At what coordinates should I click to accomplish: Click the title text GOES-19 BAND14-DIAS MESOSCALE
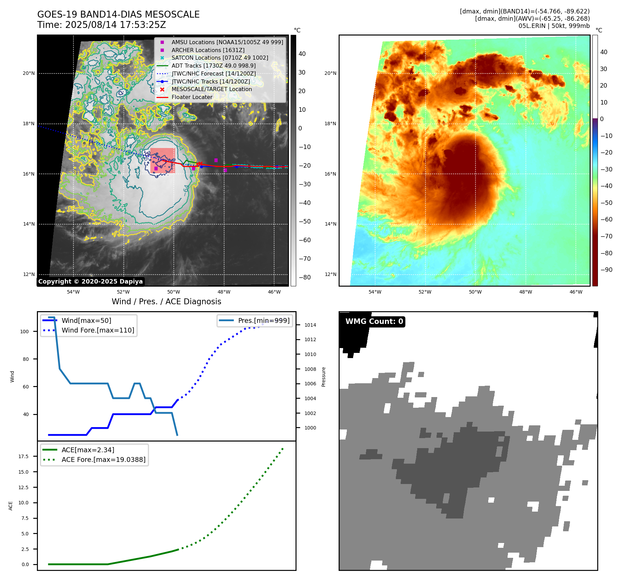pos(118,14)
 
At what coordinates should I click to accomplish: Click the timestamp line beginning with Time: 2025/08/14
pos(102,25)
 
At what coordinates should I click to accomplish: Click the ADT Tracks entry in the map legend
pos(213,66)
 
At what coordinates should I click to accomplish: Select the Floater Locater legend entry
pos(192,97)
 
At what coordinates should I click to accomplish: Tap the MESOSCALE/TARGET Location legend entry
pos(211,89)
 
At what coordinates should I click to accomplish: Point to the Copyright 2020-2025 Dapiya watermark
pos(90,281)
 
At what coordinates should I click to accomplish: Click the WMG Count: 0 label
pos(374,322)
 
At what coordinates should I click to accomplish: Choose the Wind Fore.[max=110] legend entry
pos(98,330)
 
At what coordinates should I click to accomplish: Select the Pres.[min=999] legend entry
pos(263,320)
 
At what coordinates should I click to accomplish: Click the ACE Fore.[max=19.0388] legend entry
pos(103,460)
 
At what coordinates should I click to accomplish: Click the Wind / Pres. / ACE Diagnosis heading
pos(166,302)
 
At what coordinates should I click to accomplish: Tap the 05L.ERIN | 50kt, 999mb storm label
pos(554,26)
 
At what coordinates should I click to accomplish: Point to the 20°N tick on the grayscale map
pos(29,73)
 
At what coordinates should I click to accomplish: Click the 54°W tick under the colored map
pos(375,292)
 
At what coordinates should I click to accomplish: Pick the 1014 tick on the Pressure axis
pos(310,325)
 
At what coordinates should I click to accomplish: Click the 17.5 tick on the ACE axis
pos(23,456)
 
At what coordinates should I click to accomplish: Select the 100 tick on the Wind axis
pos(24,332)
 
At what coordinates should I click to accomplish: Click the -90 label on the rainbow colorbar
pos(606,270)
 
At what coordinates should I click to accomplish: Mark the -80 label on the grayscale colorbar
pos(304,277)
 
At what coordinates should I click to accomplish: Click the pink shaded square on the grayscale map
pos(162,160)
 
